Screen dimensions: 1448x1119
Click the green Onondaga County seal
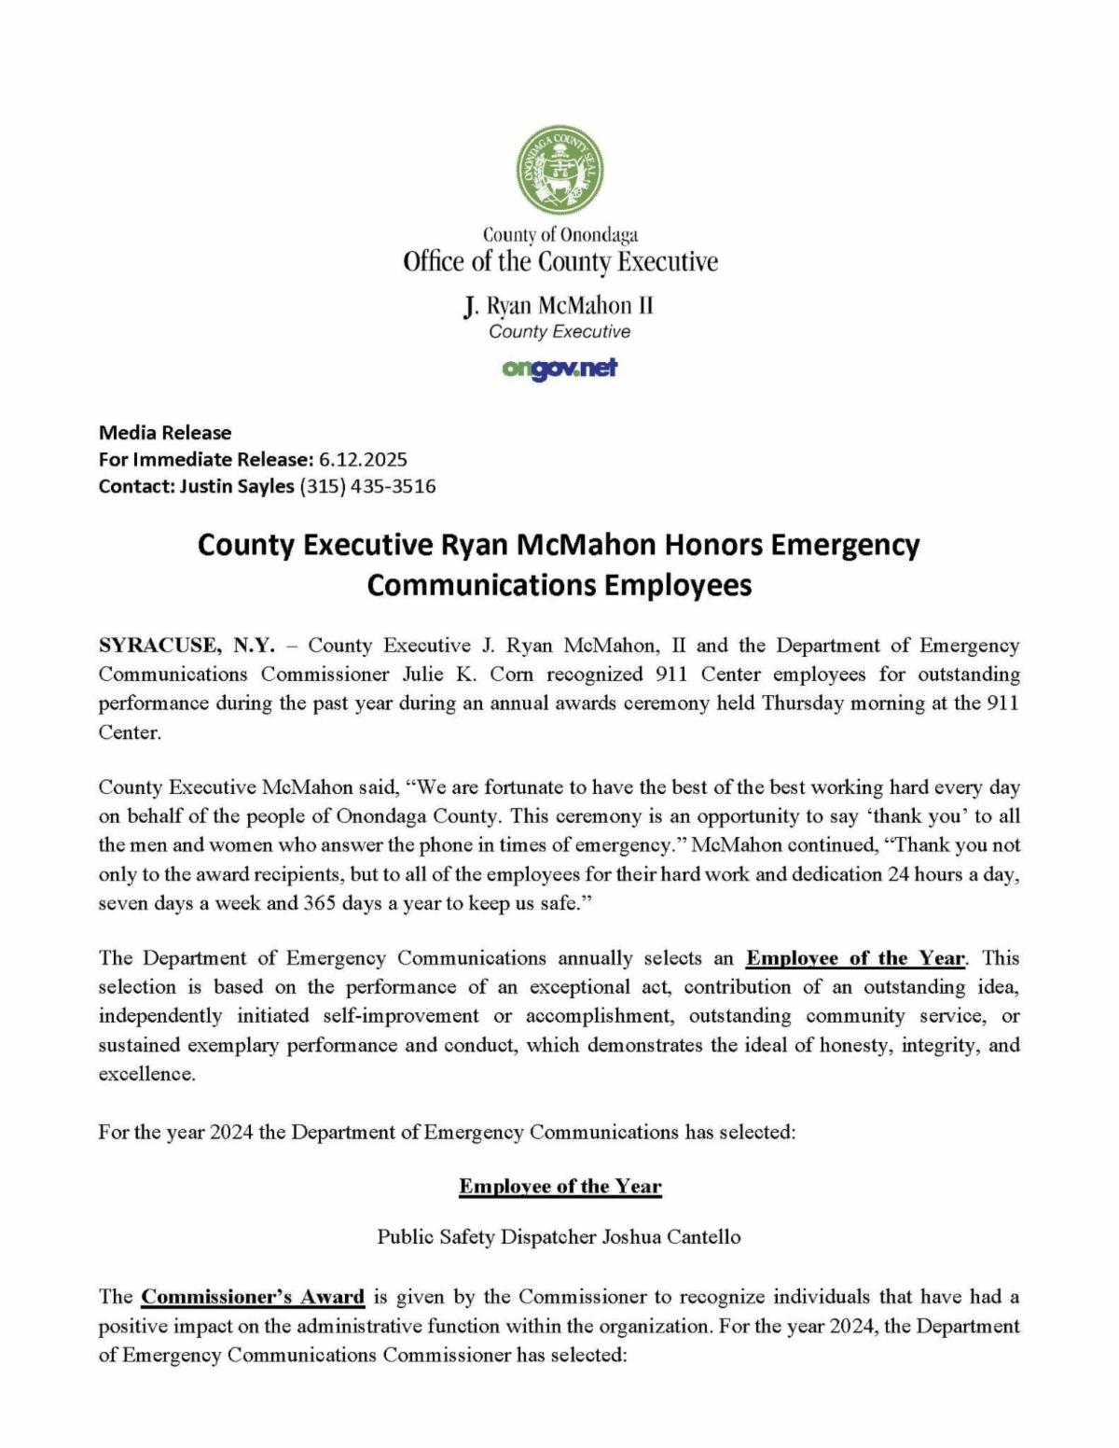point(560,168)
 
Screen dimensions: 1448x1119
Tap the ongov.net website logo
point(559,369)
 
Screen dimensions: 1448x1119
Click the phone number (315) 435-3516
point(367,486)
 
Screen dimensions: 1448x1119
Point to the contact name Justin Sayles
point(237,486)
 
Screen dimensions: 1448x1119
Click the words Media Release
point(165,432)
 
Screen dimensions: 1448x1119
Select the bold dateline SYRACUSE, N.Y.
point(186,646)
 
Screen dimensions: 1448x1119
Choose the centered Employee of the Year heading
point(559,1187)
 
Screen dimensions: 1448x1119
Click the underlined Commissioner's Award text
point(253,1297)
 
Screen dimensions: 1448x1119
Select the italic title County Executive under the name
point(559,332)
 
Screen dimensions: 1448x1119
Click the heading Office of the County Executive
point(559,262)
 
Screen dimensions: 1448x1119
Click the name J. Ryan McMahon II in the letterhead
point(559,306)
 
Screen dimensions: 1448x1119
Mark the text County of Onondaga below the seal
point(559,234)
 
